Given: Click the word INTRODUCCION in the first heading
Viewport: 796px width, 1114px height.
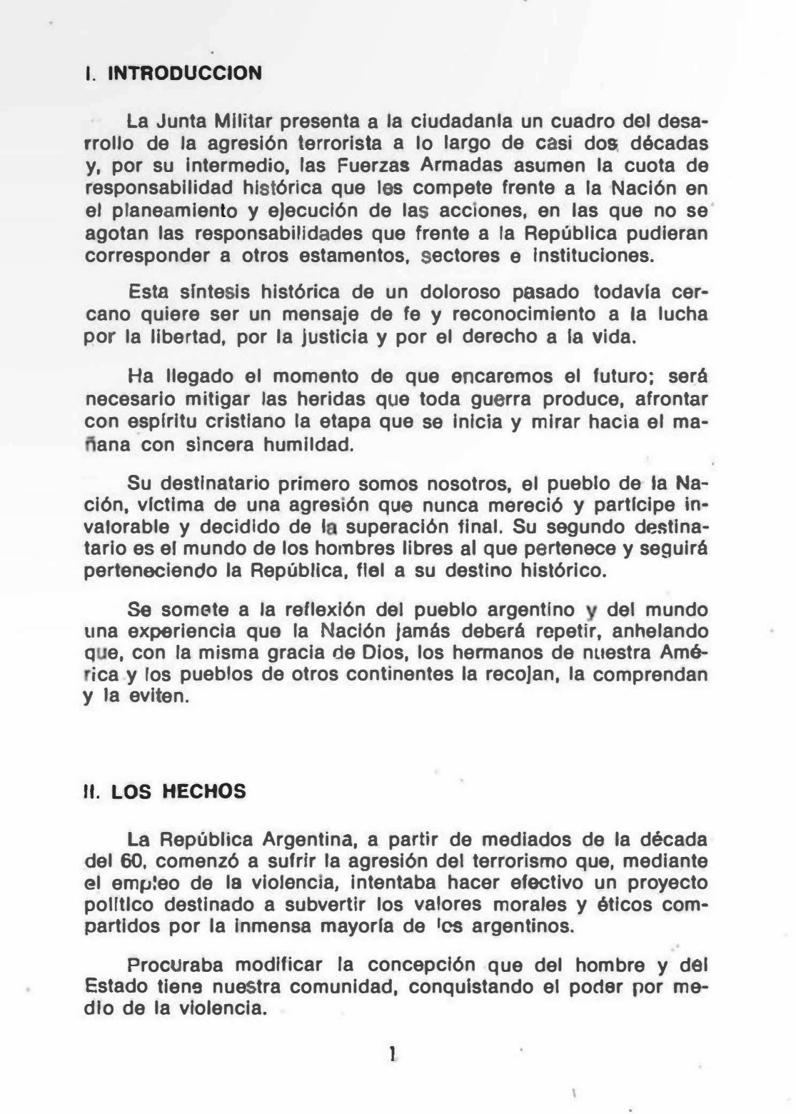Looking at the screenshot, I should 185,74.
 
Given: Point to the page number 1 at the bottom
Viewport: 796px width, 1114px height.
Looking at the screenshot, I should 393,1052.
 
